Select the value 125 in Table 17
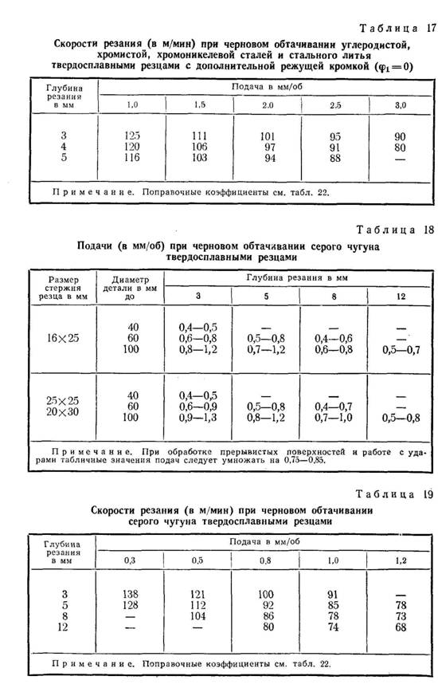(x=132, y=136)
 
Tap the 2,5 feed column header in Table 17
(x=335, y=105)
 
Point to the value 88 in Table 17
(x=335, y=159)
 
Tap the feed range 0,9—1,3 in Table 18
(x=198, y=418)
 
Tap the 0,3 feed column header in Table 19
(x=132, y=560)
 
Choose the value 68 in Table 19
(x=401, y=628)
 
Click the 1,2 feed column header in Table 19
(x=401, y=560)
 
